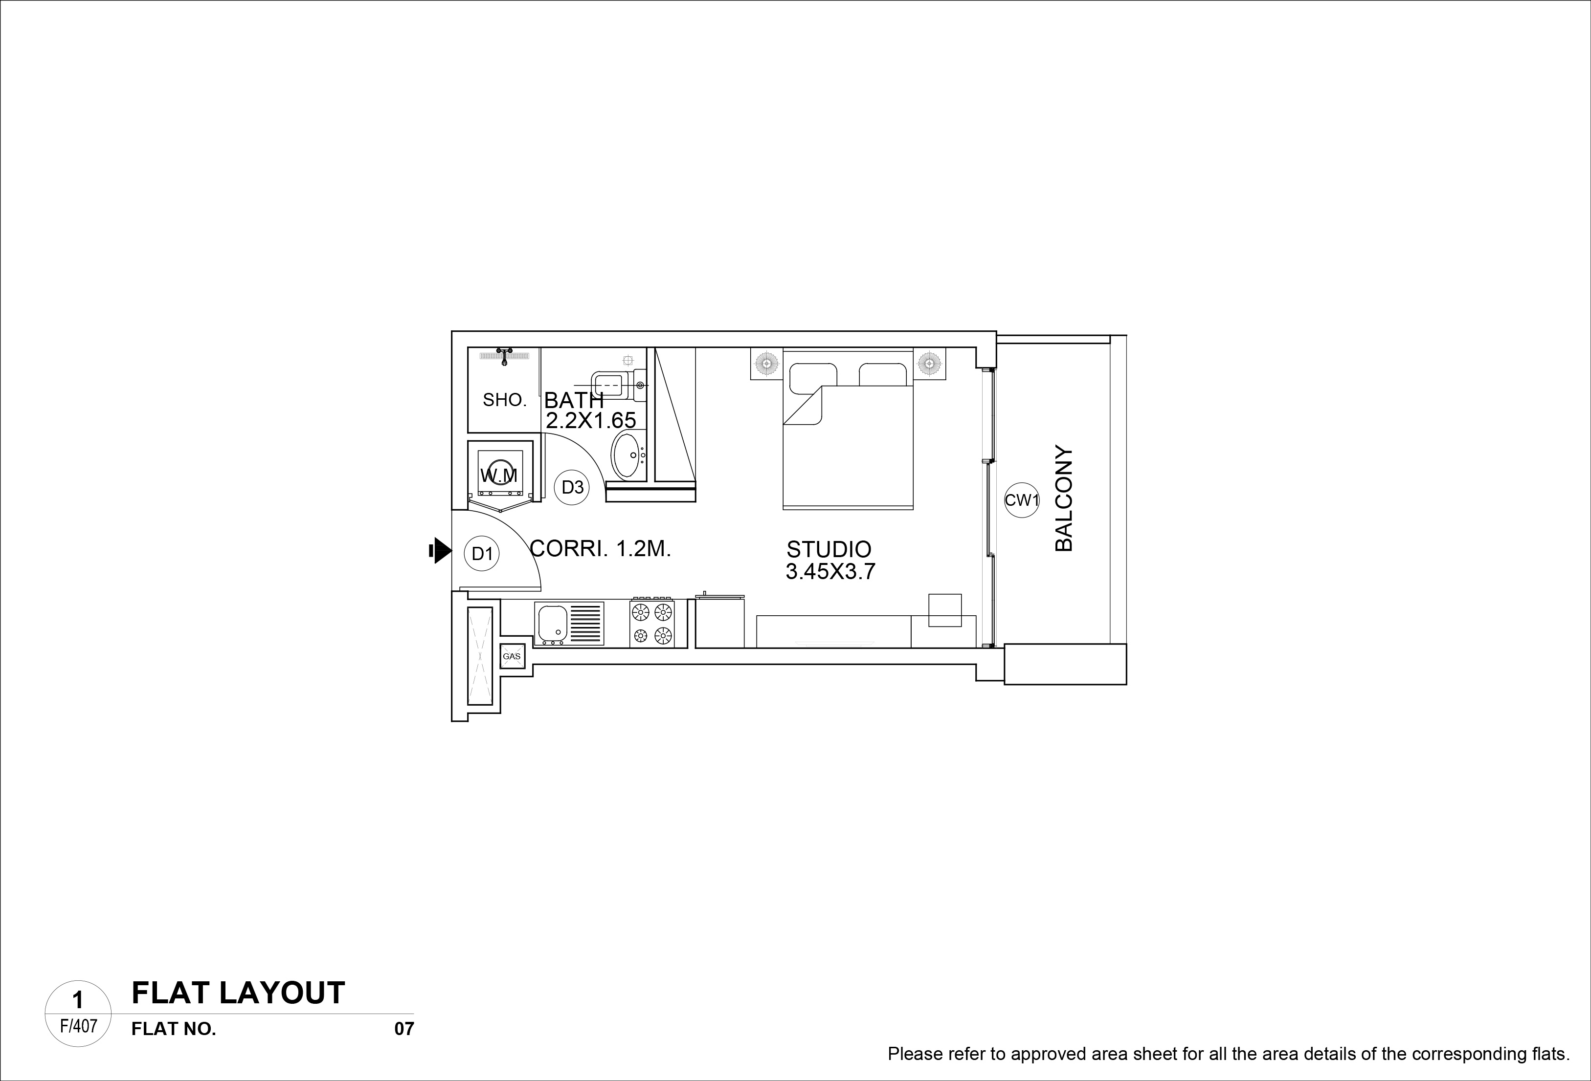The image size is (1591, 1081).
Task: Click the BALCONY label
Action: tap(1064, 499)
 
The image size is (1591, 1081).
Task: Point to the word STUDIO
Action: tap(829, 549)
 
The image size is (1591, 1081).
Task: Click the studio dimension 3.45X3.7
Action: tap(830, 571)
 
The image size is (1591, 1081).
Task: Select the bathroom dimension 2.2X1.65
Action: tap(591, 420)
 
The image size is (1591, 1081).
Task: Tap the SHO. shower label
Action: tap(505, 400)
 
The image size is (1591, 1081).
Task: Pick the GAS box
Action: tap(512, 656)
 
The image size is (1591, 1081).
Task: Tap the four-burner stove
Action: tap(652, 623)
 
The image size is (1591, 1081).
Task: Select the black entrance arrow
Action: tap(440, 551)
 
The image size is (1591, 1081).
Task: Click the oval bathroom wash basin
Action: tap(627, 454)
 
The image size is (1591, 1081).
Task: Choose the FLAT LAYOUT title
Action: tap(238, 993)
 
